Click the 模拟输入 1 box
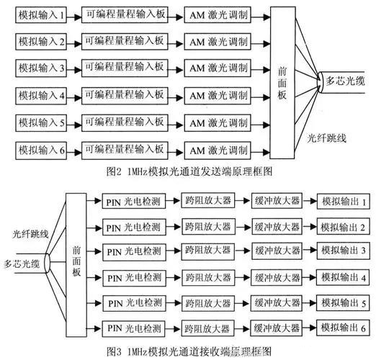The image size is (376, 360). (x=42, y=16)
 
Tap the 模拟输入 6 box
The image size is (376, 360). (x=42, y=150)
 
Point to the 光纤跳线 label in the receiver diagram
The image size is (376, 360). (x=30, y=234)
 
